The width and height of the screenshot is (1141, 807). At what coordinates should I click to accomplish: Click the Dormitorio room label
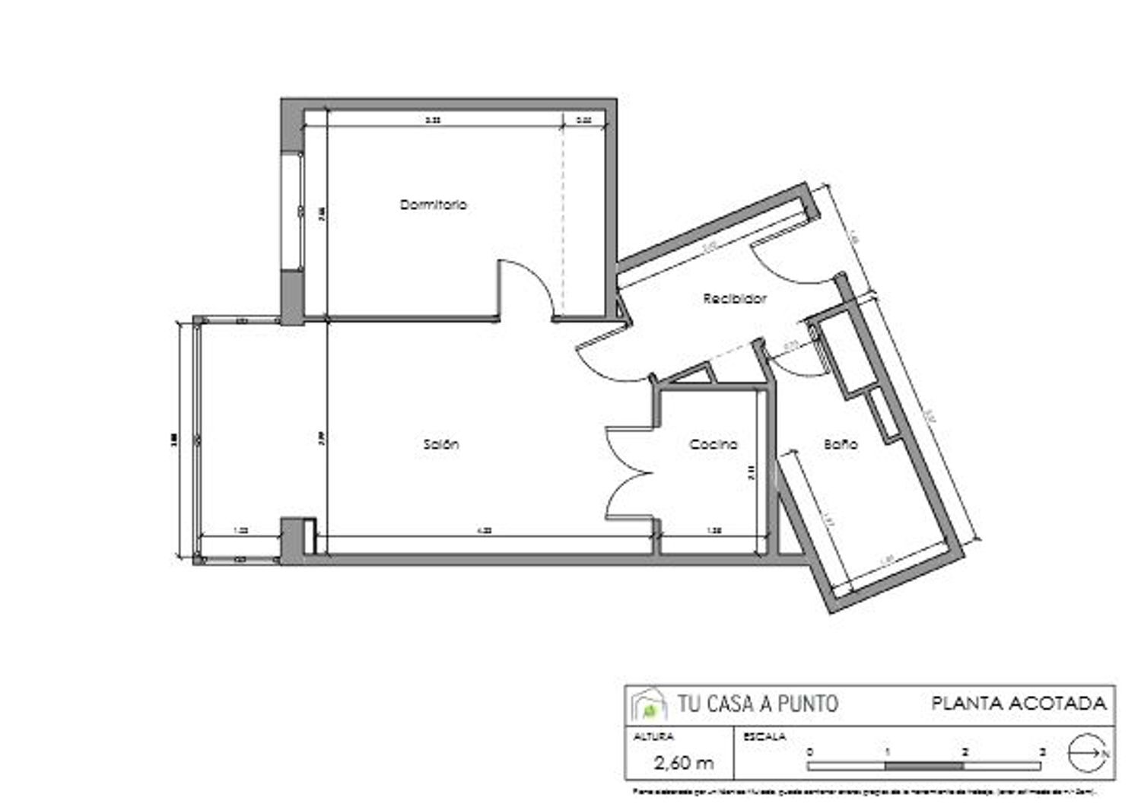(433, 205)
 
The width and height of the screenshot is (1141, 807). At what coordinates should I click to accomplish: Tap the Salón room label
(440, 444)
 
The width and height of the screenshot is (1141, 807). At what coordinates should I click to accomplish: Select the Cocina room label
(713, 444)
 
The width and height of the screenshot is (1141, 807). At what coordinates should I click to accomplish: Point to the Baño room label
(841, 444)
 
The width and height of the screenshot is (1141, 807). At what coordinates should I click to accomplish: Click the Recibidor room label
(734, 299)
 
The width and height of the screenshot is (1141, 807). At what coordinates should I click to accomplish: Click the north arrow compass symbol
(1086, 752)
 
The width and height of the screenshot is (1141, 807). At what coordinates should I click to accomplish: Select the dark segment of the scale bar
(925, 766)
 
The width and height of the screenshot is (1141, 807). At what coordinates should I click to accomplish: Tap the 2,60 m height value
(684, 762)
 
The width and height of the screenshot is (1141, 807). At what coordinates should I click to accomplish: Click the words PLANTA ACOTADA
(1019, 704)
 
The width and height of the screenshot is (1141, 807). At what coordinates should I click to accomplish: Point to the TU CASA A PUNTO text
(758, 704)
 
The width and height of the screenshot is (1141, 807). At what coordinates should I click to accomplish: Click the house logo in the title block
(649, 705)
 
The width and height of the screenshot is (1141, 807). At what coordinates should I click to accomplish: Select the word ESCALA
(764, 736)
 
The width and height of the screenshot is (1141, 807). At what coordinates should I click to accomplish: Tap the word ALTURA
(653, 736)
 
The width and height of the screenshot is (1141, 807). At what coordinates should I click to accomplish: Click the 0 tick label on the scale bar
(809, 751)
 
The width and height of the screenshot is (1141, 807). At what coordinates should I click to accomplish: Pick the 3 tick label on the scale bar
(1042, 751)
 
